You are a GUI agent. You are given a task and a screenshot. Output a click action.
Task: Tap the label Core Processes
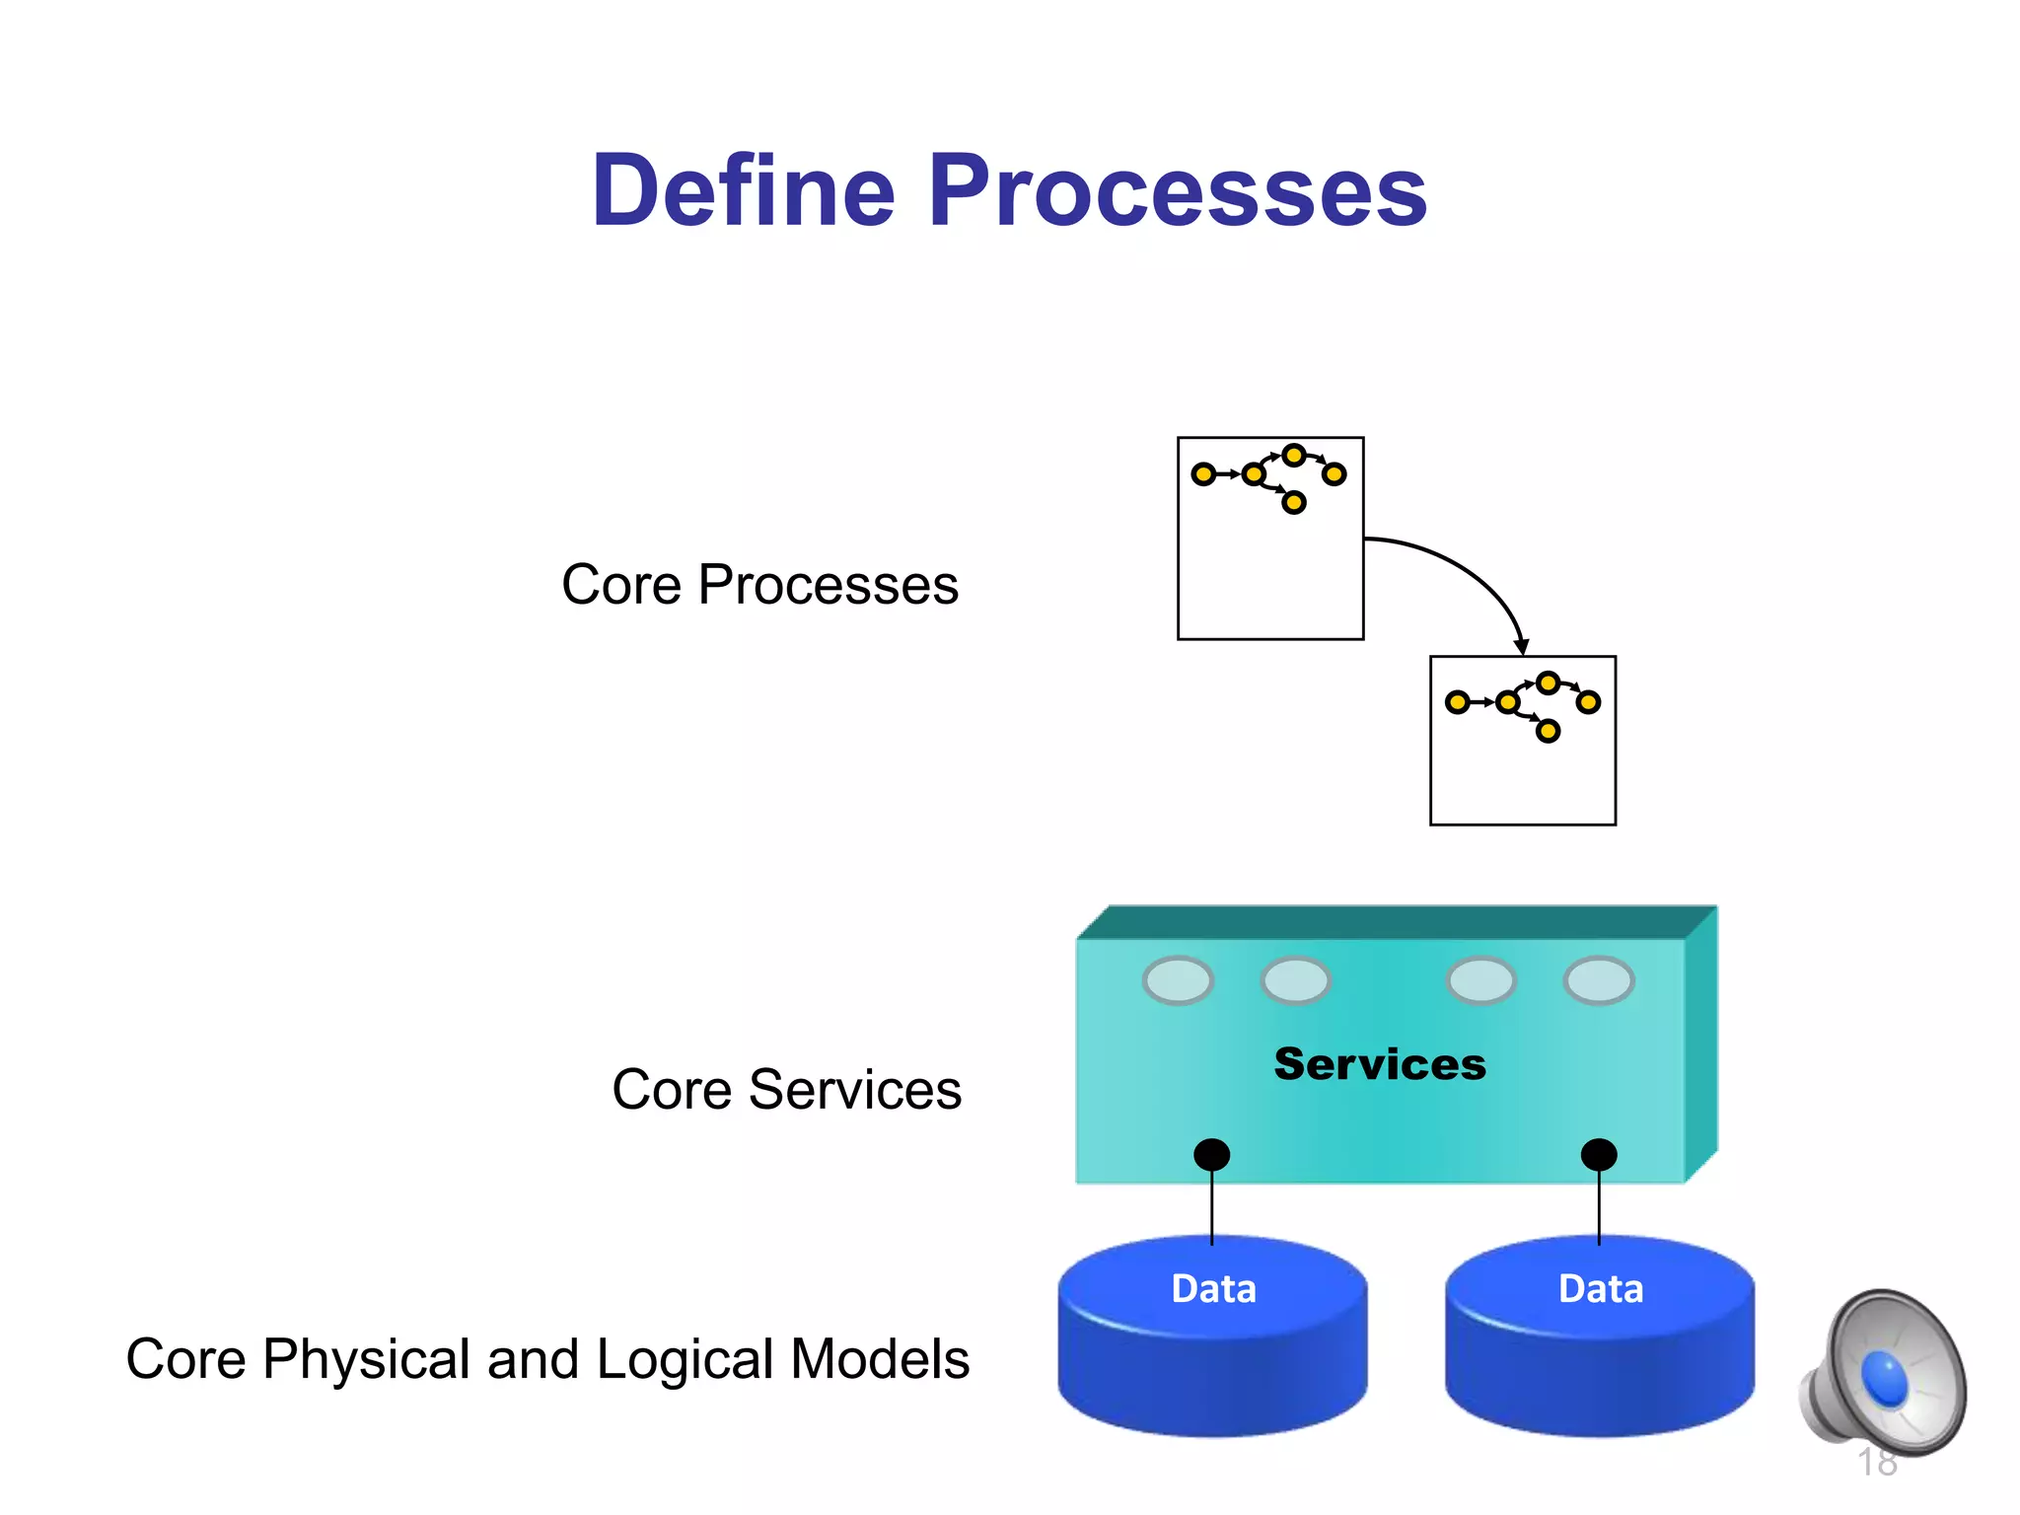tap(759, 585)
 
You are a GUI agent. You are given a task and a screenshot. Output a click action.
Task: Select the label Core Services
tap(786, 1090)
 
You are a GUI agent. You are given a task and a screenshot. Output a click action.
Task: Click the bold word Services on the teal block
tap(1379, 1064)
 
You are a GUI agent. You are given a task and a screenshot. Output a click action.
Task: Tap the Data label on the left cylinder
tap(1213, 1289)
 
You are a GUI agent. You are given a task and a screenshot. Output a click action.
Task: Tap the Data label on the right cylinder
tap(1600, 1289)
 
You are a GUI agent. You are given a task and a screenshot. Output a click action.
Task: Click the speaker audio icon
tap(1884, 1371)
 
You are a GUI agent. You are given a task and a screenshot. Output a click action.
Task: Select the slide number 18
tap(1876, 1463)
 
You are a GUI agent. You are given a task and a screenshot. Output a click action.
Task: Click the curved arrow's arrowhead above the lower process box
tap(1521, 647)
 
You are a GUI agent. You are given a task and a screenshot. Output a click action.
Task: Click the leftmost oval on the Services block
tap(1178, 980)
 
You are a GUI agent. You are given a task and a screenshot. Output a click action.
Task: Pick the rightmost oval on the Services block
tap(1599, 980)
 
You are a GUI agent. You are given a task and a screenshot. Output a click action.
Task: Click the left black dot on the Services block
tap(1211, 1154)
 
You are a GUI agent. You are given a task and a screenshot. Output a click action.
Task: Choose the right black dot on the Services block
tap(1599, 1154)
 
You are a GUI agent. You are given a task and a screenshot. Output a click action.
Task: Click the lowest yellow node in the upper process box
tap(1294, 503)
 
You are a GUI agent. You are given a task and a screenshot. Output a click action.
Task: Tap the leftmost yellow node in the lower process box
tap(1457, 702)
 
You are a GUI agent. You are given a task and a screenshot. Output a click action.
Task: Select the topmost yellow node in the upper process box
tap(1294, 455)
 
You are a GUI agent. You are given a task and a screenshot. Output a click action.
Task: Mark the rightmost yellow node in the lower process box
tap(1588, 702)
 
